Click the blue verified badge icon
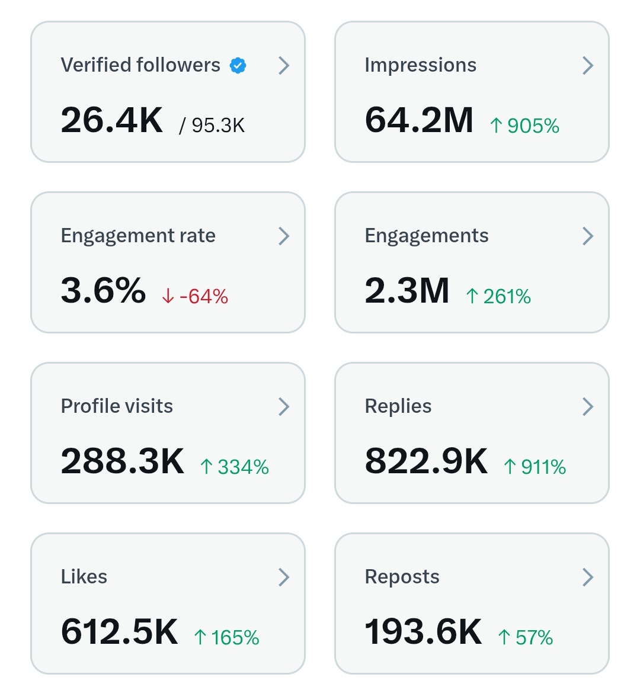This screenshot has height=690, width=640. pos(238,66)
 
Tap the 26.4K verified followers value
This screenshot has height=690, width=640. pos(111,120)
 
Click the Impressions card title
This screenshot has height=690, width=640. pos(420,65)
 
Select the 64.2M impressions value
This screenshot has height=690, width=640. pos(419,120)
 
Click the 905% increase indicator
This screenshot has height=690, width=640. pos(525,126)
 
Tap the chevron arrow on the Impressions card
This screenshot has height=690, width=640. pos(587,65)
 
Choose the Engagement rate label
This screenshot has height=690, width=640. pos(138,236)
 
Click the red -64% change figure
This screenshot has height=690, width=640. pos(195,296)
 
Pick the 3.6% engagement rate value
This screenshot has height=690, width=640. pos(103,290)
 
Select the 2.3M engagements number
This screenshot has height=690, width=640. pos(407,290)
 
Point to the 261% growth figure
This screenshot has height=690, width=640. pos(499,296)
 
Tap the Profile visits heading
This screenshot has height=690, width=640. pos(117,406)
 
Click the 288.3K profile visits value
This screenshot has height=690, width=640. pos(123,461)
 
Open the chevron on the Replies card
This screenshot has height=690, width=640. pos(587,406)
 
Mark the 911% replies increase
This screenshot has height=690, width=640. pos(535,467)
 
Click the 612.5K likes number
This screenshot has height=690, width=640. pos(119,631)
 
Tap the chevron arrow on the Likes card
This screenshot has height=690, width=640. pos(284,577)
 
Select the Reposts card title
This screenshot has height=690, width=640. pos(402,577)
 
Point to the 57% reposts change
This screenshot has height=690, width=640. pos(526,637)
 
